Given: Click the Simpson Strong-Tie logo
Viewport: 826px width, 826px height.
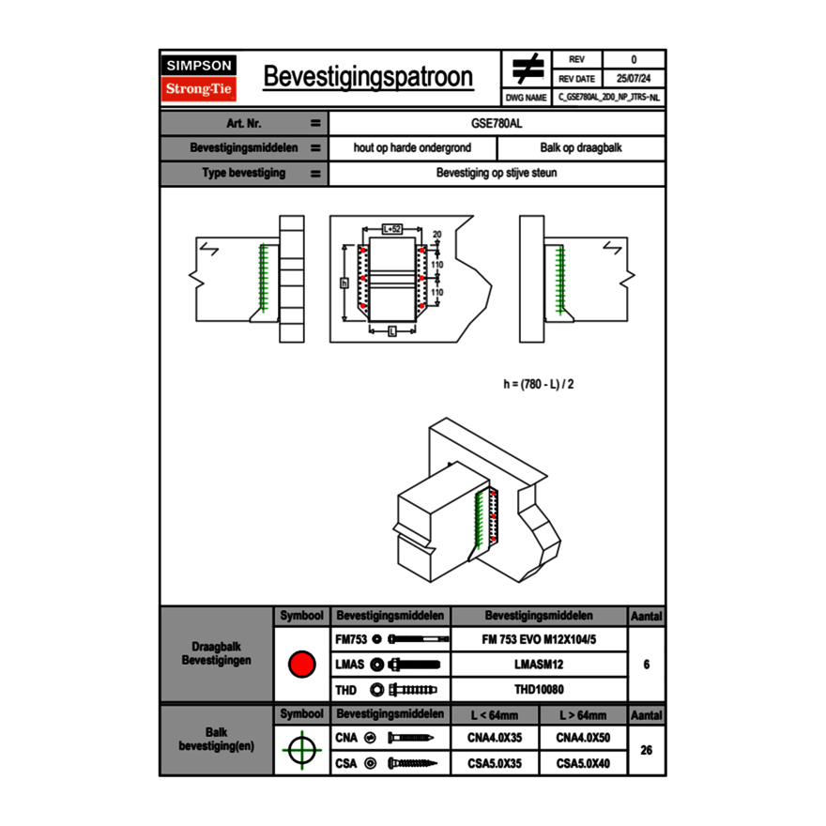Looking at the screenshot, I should (199, 78).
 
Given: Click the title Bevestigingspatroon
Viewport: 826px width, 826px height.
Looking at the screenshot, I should (368, 77).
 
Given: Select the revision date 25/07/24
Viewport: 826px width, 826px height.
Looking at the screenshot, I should (634, 78).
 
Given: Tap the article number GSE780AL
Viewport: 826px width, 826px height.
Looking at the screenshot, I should (497, 123).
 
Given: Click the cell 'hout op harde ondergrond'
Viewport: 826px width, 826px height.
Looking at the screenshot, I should (412, 148).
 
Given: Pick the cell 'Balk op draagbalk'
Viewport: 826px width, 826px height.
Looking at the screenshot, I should (581, 148).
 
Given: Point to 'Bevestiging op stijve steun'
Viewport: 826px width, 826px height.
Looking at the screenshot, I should (497, 174).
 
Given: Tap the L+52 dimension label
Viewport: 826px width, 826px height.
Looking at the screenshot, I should (392, 229).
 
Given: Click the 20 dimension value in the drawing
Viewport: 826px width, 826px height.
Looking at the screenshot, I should (437, 234).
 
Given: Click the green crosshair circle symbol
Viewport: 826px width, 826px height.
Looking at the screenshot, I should (301, 750).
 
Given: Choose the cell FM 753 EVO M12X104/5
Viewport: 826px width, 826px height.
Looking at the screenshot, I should (538, 639).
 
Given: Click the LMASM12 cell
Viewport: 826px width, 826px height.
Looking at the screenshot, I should (538, 665).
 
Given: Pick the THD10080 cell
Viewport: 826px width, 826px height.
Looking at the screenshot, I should (538, 690).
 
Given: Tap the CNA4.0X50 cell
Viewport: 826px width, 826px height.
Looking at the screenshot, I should (583, 738).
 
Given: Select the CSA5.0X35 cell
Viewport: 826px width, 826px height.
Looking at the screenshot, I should (495, 763).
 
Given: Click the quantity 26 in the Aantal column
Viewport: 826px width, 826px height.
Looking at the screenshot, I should (646, 750).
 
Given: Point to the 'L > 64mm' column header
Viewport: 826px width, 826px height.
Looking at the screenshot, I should (583, 715).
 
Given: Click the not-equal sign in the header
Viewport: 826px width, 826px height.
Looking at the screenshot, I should (527, 69).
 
